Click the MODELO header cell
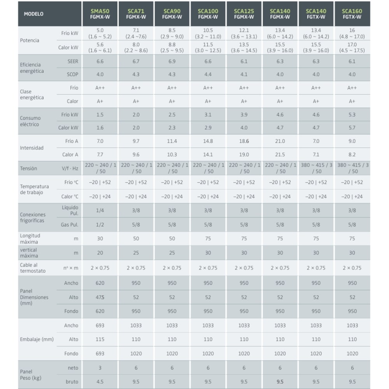[x=33, y=14]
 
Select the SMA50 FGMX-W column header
[x=100, y=14]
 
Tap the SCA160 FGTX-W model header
[x=352, y=14]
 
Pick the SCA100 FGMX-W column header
[x=208, y=14]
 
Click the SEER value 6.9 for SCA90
[x=172, y=61]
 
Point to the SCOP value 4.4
[x=208, y=74]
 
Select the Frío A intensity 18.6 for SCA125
[x=244, y=141]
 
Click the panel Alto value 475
[x=100, y=297]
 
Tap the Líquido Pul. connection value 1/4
[x=100, y=210]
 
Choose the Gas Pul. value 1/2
[x=100, y=224]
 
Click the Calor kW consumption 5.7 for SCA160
[x=352, y=128]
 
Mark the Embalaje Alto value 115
[x=100, y=339]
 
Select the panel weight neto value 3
[x=100, y=368]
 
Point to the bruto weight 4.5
[x=100, y=382]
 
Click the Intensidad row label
[x=32, y=148]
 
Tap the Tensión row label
[x=29, y=168]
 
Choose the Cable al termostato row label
[x=33, y=268]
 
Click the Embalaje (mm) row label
[x=37, y=339]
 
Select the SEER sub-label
[x=73, y=61]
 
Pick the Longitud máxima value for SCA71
[x=136, y=238]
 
